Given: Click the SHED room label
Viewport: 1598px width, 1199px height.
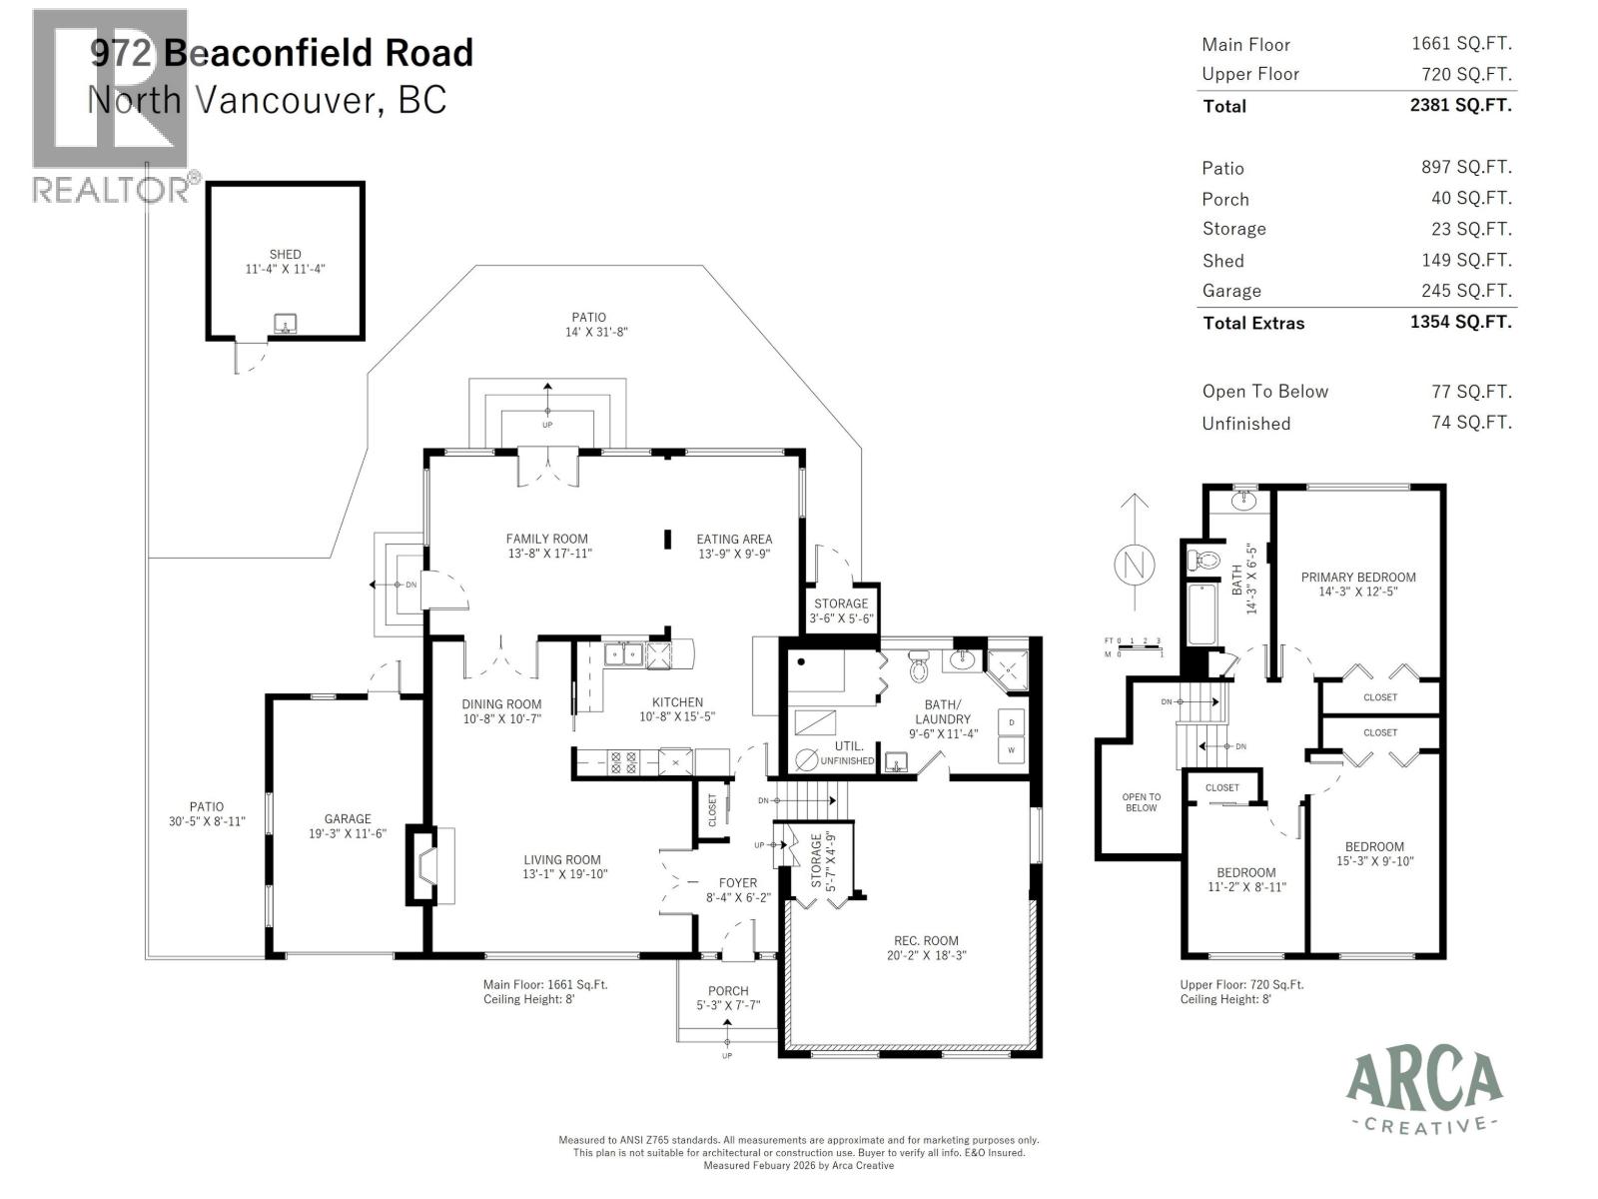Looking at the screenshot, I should click(x=285, y=255).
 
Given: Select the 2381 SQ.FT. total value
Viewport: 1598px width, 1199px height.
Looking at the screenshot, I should click(x=1460, y=105).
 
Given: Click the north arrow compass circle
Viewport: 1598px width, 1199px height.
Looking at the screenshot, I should click(x=1134, y=566).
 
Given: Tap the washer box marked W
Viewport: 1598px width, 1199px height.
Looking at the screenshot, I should click(x=1012, y=750).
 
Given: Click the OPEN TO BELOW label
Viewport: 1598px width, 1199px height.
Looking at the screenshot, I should click(x=1141, y=802).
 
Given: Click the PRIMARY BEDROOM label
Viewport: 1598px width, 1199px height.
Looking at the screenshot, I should click(x=1358, y=578).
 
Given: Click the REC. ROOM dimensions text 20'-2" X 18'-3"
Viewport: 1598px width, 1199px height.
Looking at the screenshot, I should click(x=926, y=955).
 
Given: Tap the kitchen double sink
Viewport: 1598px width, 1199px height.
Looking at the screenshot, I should click(x=625, y=655).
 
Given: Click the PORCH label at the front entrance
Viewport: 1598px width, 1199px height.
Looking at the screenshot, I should click(x=728, y=991).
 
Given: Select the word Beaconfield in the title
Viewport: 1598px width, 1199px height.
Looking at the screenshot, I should click(x=318, y=52).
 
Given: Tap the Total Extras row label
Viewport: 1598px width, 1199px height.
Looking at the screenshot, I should click(x=1253, y=323).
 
